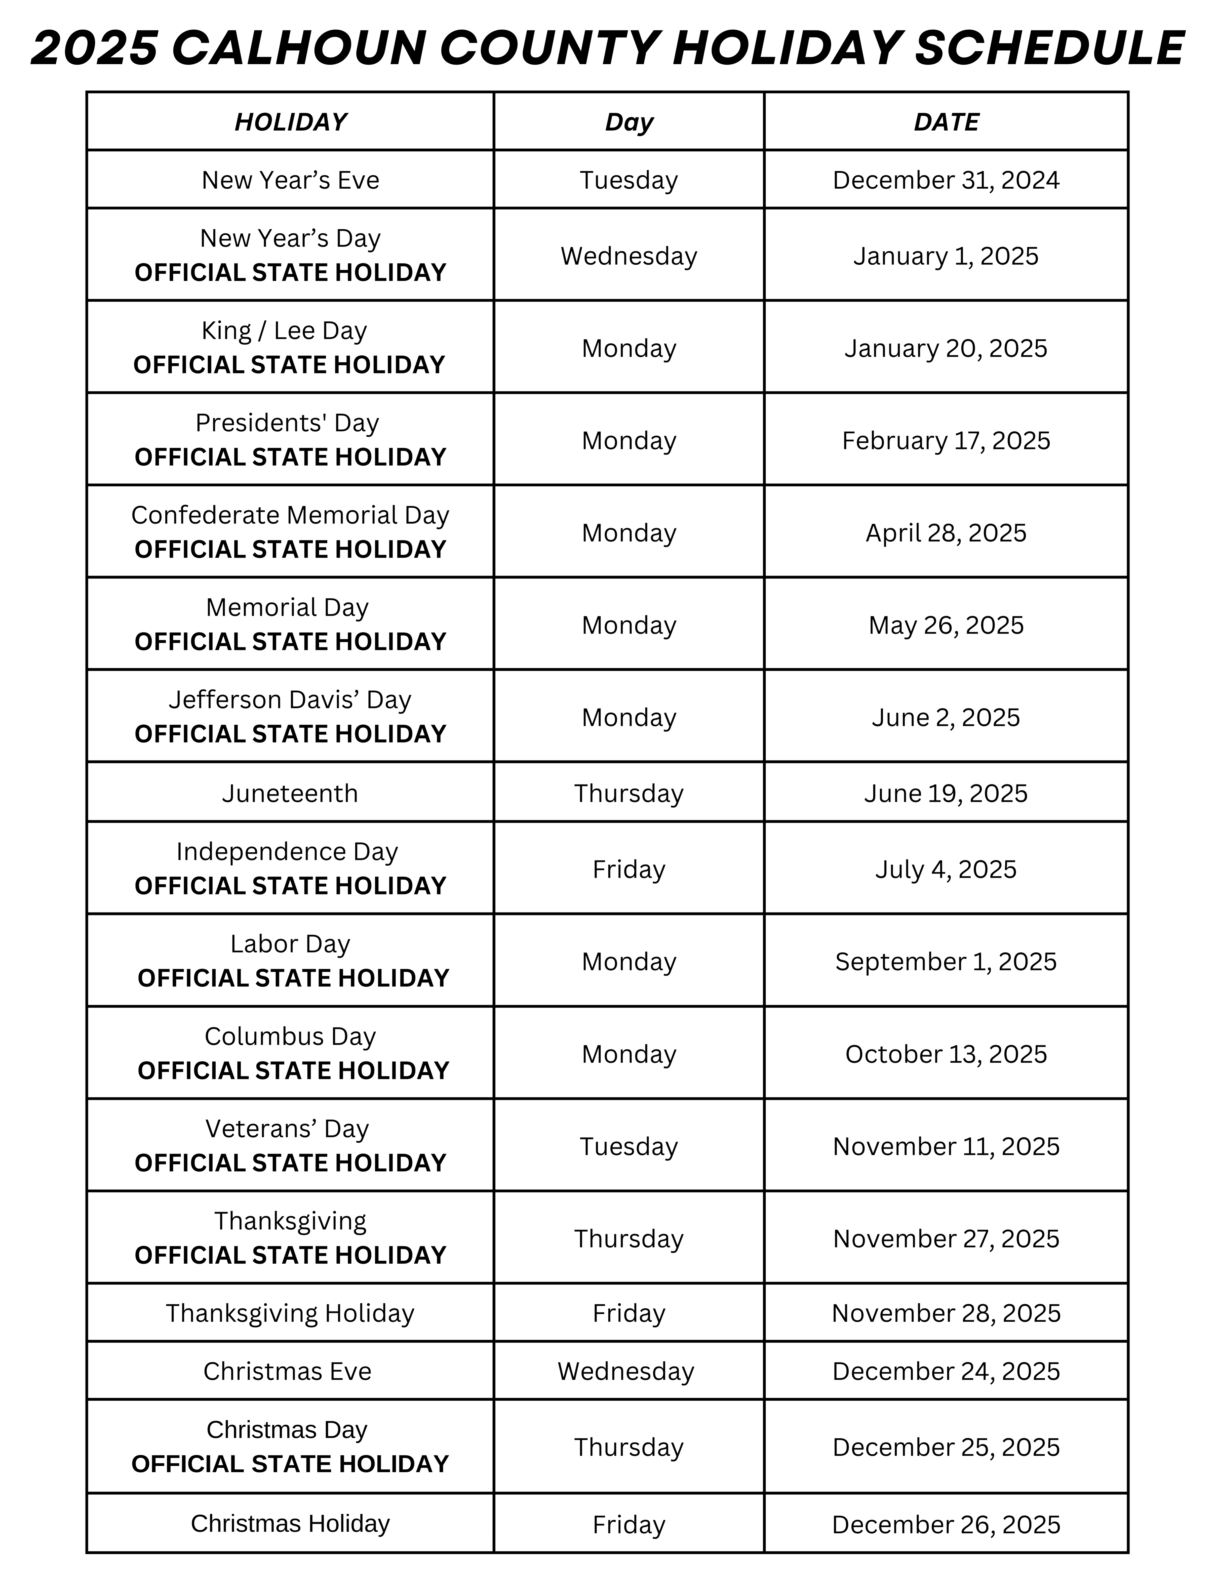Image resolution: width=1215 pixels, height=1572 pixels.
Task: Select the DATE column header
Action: [x=946, y=122]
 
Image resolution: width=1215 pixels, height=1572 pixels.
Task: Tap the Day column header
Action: [x=629, y=122]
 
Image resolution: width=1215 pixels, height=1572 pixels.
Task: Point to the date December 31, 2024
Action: [x=946, y=180]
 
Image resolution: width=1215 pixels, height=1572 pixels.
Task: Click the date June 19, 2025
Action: [x=946, y=793]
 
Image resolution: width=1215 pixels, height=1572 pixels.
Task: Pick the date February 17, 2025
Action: [x=946, y=440]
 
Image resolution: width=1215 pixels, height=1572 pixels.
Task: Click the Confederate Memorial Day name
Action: [x=290, y=515]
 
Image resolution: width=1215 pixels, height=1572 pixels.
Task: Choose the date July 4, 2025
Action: [x=946, y=870]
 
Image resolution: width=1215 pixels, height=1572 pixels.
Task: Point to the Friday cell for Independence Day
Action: [x=629, y=870]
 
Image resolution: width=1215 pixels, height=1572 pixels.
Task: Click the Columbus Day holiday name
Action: [x=290, y=1037]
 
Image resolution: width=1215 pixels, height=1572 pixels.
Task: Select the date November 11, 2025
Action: [x=946, y=1147]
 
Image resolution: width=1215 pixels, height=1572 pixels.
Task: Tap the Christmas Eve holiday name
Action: [x=287, y=1371]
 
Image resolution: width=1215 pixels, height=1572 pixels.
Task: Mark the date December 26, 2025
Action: [x=946, y=1524]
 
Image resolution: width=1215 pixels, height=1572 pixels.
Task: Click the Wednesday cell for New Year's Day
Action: [x=629, y=256]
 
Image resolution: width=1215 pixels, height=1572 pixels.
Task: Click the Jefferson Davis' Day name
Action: [x=290, y=700]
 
